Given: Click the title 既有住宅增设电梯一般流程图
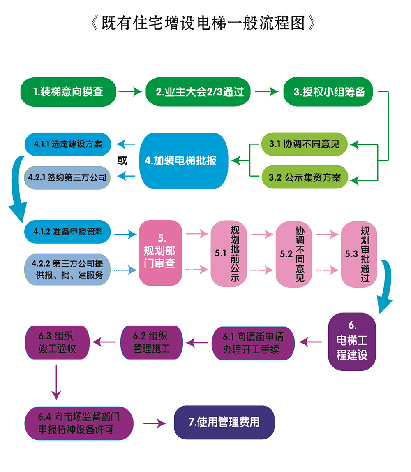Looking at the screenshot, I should [x=204, y=23].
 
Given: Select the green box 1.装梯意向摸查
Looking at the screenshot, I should [x=68, y=91].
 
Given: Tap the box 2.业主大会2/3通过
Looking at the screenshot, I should [x=200, y=91].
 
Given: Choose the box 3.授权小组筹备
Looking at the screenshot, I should [x=330, y=91].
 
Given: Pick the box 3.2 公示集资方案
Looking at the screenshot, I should [x=304, y=178].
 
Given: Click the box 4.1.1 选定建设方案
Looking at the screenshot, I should [x=68, y=144].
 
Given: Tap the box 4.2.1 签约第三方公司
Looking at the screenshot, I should [x=68, y=177].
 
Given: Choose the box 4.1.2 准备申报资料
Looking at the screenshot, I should [x=68, y=232].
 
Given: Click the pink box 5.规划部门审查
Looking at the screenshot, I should [x=160, y=253].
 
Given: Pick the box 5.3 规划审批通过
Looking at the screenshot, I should [x=359, y=253].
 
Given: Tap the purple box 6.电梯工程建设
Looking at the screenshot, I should [x=352, y=342].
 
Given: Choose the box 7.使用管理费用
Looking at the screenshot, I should [x=224, y=422].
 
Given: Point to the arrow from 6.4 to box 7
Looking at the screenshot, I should [x=154, y=423].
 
